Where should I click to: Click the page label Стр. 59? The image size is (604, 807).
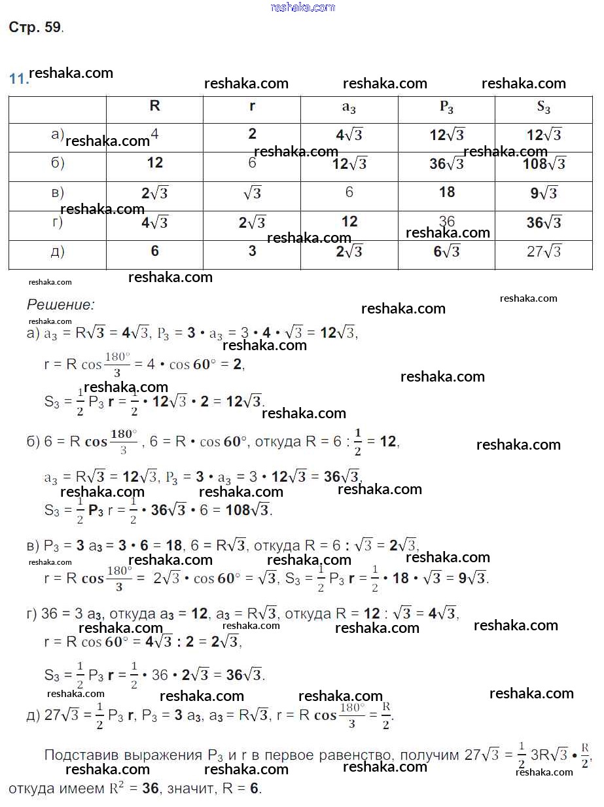click(35, 27)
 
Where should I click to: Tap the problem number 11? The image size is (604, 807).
click(18, 79)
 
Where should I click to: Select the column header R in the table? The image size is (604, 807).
click(154, 106)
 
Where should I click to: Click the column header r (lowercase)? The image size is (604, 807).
click(252, 106)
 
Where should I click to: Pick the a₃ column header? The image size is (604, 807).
click(349, 108)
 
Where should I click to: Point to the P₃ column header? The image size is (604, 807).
click(446, 108)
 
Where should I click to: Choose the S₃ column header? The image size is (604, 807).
click(543, 108)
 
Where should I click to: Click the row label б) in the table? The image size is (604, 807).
click(58, 163)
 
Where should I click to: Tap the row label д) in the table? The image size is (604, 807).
click(58, 251)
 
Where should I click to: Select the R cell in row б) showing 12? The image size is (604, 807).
click(154, 163)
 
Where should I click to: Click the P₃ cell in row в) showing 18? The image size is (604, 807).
click(446, 192)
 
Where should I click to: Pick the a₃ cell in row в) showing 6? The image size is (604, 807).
click(349, 192)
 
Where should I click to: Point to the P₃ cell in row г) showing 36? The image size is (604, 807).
click(446, 221)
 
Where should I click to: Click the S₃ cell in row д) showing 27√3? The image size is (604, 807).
click(543, 251)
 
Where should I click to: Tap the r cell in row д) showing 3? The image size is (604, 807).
click(252, 251)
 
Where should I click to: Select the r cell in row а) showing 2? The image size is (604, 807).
click(252, 134)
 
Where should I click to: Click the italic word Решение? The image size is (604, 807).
click(60, 304)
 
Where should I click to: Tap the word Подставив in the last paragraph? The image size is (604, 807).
click(77, 755)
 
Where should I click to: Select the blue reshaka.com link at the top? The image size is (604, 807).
click(302, 7)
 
